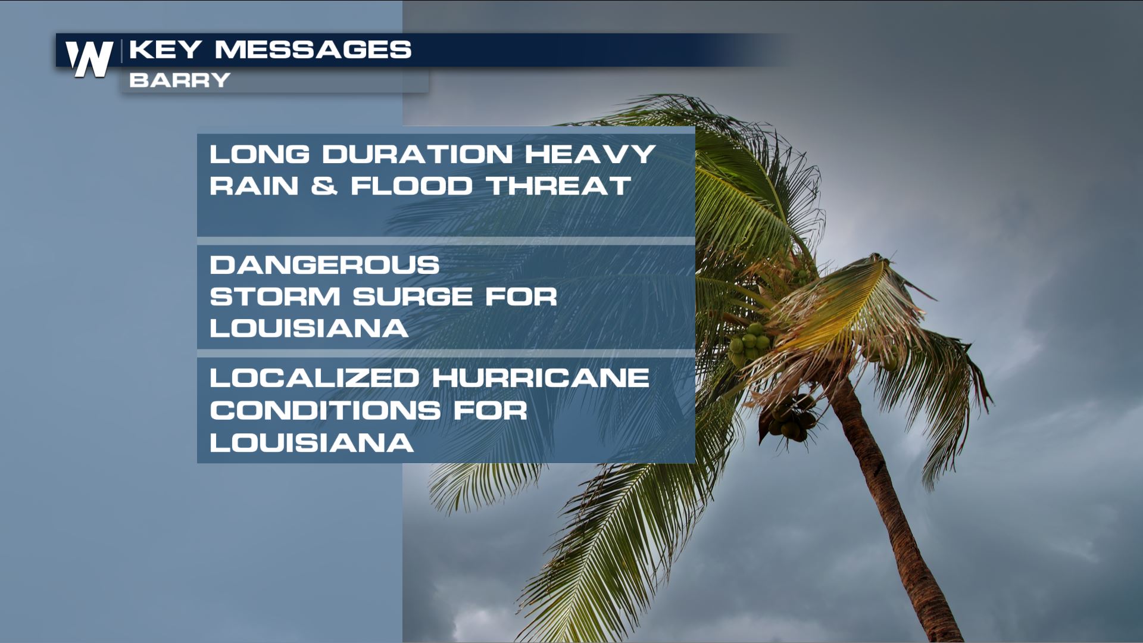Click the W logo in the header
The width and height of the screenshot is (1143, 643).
[89, 59]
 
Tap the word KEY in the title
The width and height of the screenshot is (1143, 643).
[165, 49]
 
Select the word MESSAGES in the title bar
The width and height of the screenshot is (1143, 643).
[313, 49]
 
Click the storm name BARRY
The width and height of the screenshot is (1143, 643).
[180, 80]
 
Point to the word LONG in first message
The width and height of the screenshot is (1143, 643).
[260, 154]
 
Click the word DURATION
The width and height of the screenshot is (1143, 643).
[418, 154]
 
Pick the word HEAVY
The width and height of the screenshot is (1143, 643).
[590, 154]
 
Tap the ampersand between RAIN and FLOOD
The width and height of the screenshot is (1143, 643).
[324, 186]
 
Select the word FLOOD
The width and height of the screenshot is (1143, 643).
[411, 186]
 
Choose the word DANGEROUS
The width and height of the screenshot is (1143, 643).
[324, 265]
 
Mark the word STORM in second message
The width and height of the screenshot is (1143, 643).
[275, 296]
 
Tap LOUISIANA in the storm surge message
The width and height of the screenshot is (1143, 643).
[309, 328]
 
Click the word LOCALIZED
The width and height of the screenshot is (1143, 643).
[314, 378]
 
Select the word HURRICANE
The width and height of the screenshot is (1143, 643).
[541, 378]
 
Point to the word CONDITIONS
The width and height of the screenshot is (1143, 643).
[325, 410]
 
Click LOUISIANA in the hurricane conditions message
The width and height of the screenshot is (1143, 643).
[311, 442]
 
